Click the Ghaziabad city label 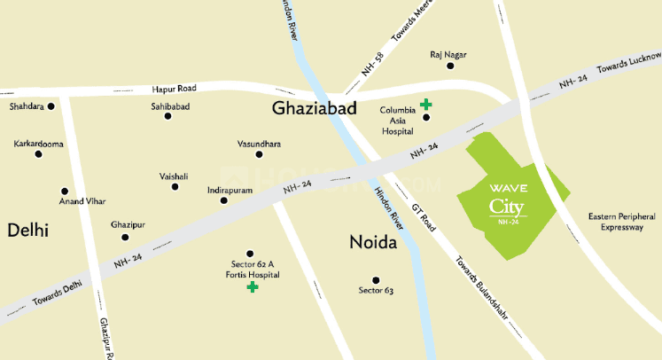(314, 108)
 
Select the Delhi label (27, 231)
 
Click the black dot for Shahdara (51, 106)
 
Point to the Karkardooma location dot (38, 153)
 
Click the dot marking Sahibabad (167, 115)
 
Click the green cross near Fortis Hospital (253, 287)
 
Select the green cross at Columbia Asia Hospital (426, 104)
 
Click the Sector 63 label (376, 290)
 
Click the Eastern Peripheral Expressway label (622, 222)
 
